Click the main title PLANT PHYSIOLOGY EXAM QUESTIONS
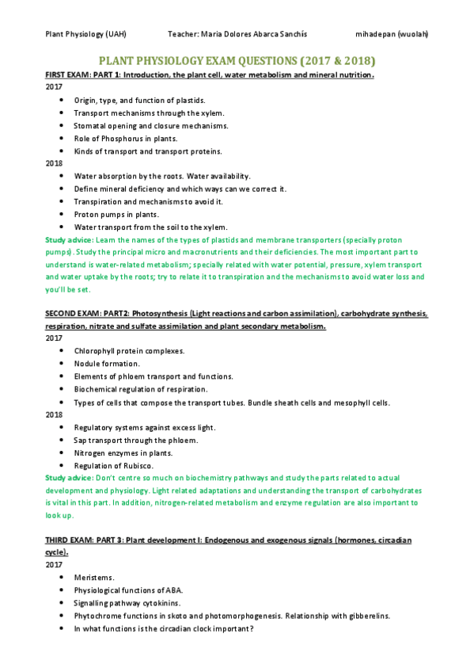coord(237,60)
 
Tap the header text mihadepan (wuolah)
coord(392,35)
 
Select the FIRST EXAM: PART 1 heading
coord(210,74)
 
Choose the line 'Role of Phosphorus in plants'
coord(120,138)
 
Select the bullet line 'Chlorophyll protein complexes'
coord(129,350)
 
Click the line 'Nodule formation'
coord(107,363)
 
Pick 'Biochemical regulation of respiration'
coord(141,388)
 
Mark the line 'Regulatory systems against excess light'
coord(145,427)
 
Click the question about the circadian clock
coord(163,628)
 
